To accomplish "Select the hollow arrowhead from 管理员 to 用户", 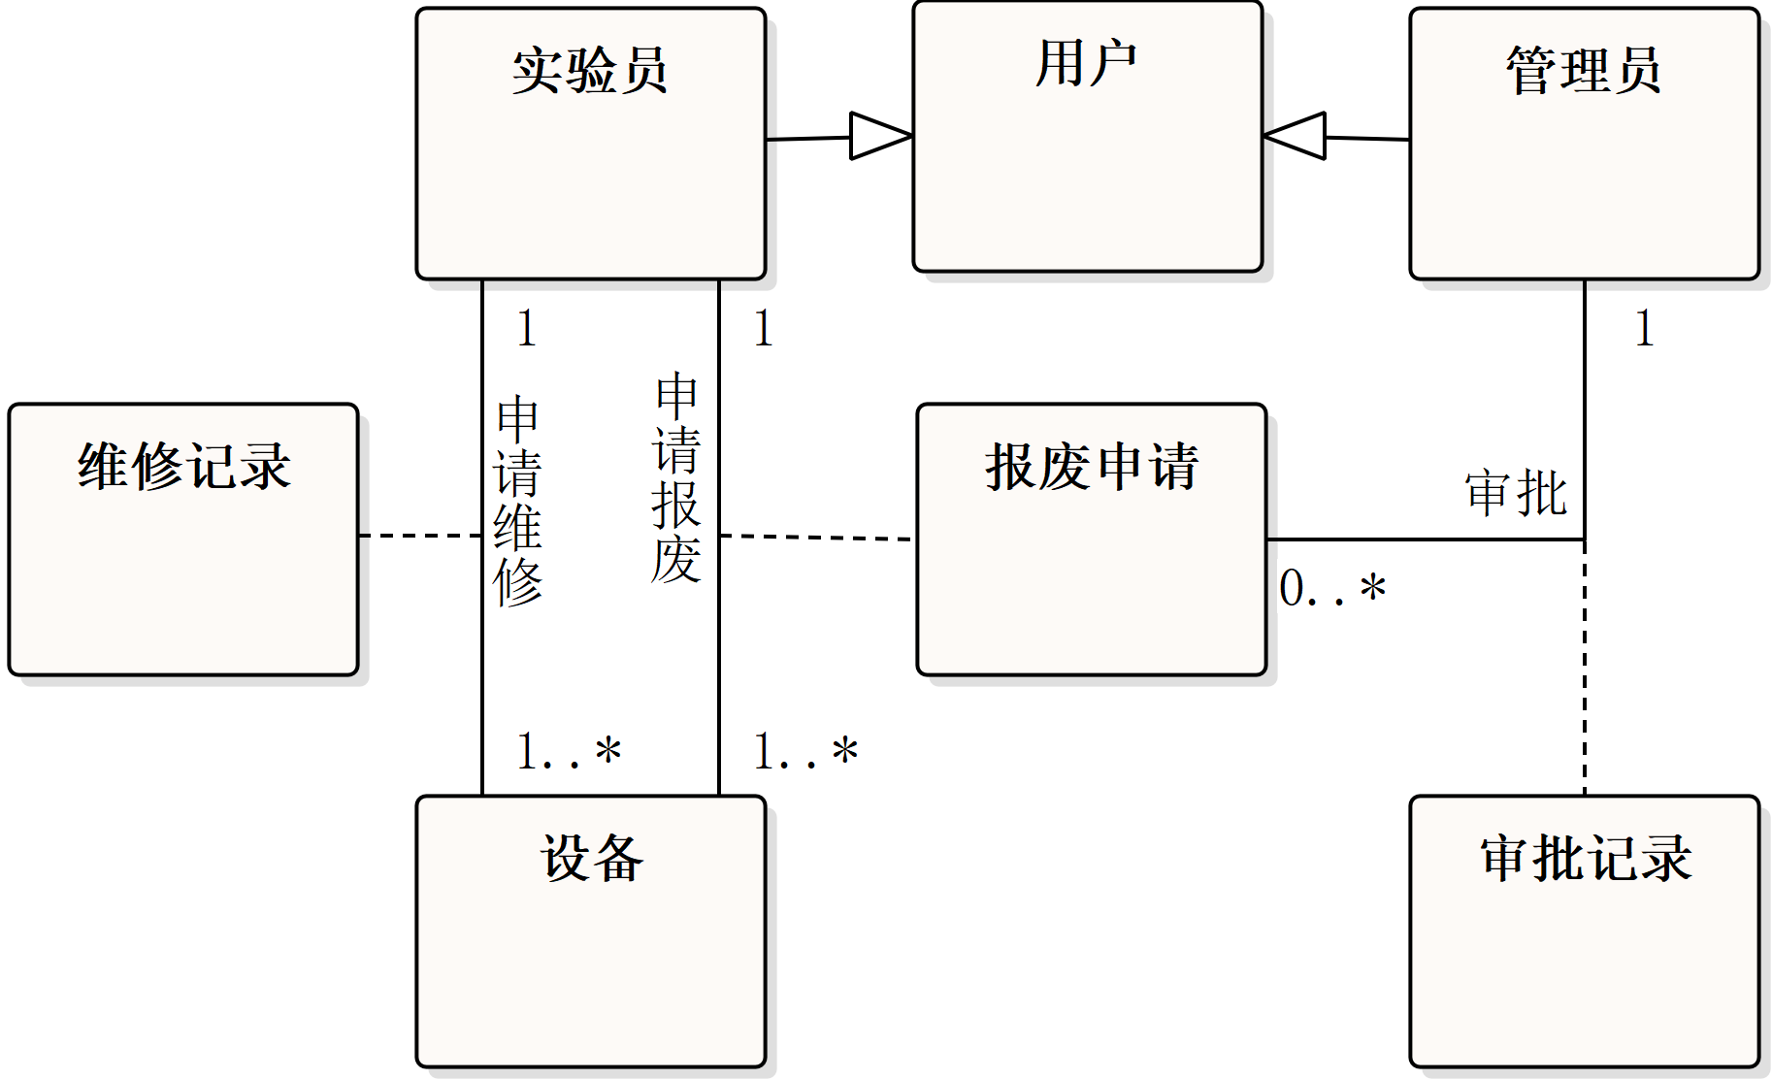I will tap(1296, 136).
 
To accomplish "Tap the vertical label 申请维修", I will tap(518, 501).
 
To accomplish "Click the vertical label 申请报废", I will tap(676, 477).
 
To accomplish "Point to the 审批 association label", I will tap(1516, 493).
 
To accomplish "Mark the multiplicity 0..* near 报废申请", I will tap(1331, 588).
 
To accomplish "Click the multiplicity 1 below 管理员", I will tap(1644, 328).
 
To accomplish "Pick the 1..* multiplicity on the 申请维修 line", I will tap(568, 752).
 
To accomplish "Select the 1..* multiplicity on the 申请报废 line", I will tap(804, 752).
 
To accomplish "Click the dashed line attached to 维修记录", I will tap(420, 535).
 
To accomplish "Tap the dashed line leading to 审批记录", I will tap(1585, 670).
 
